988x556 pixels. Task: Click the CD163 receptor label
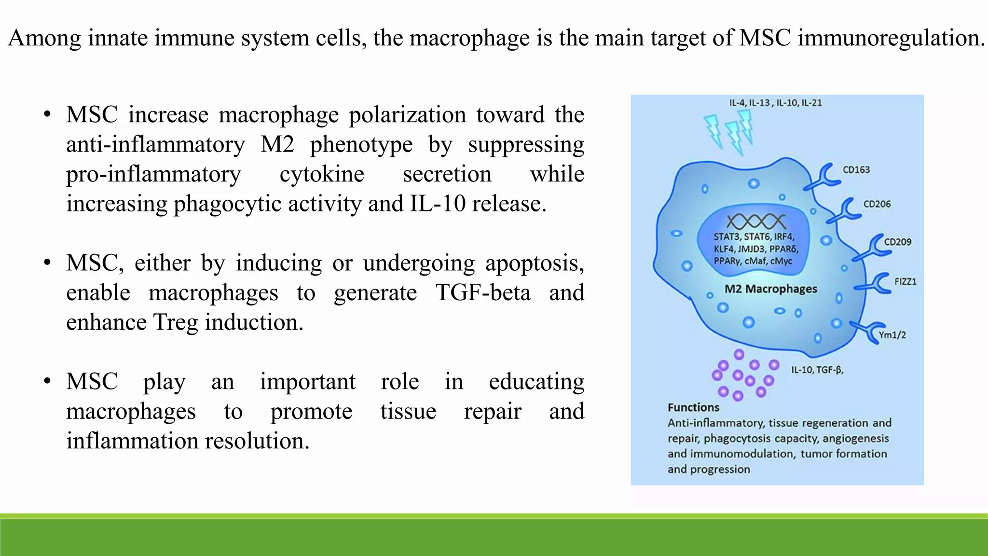coord(856,170)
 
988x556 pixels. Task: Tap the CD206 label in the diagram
coord(877,204)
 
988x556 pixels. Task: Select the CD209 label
coord(897,242)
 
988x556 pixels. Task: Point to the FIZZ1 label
coord(905,281)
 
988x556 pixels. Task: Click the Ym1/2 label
coord(892,335)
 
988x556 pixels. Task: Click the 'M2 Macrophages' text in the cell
coord(770,289)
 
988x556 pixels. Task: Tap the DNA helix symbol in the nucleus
coord(755,222)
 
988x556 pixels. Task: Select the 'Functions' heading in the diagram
coord(693,407)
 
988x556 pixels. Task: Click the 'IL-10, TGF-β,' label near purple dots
coord(817,370)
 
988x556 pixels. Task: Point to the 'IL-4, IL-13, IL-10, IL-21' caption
coord(775,103)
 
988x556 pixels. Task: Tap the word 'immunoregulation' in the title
coord(890,38)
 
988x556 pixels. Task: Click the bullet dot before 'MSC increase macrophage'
coord(47,115)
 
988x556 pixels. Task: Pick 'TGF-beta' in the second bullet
coord(482,292)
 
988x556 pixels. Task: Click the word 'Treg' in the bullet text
coord(176,322)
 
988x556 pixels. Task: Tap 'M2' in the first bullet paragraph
coord(277,144)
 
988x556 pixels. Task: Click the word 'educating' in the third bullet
coord(536,382)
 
